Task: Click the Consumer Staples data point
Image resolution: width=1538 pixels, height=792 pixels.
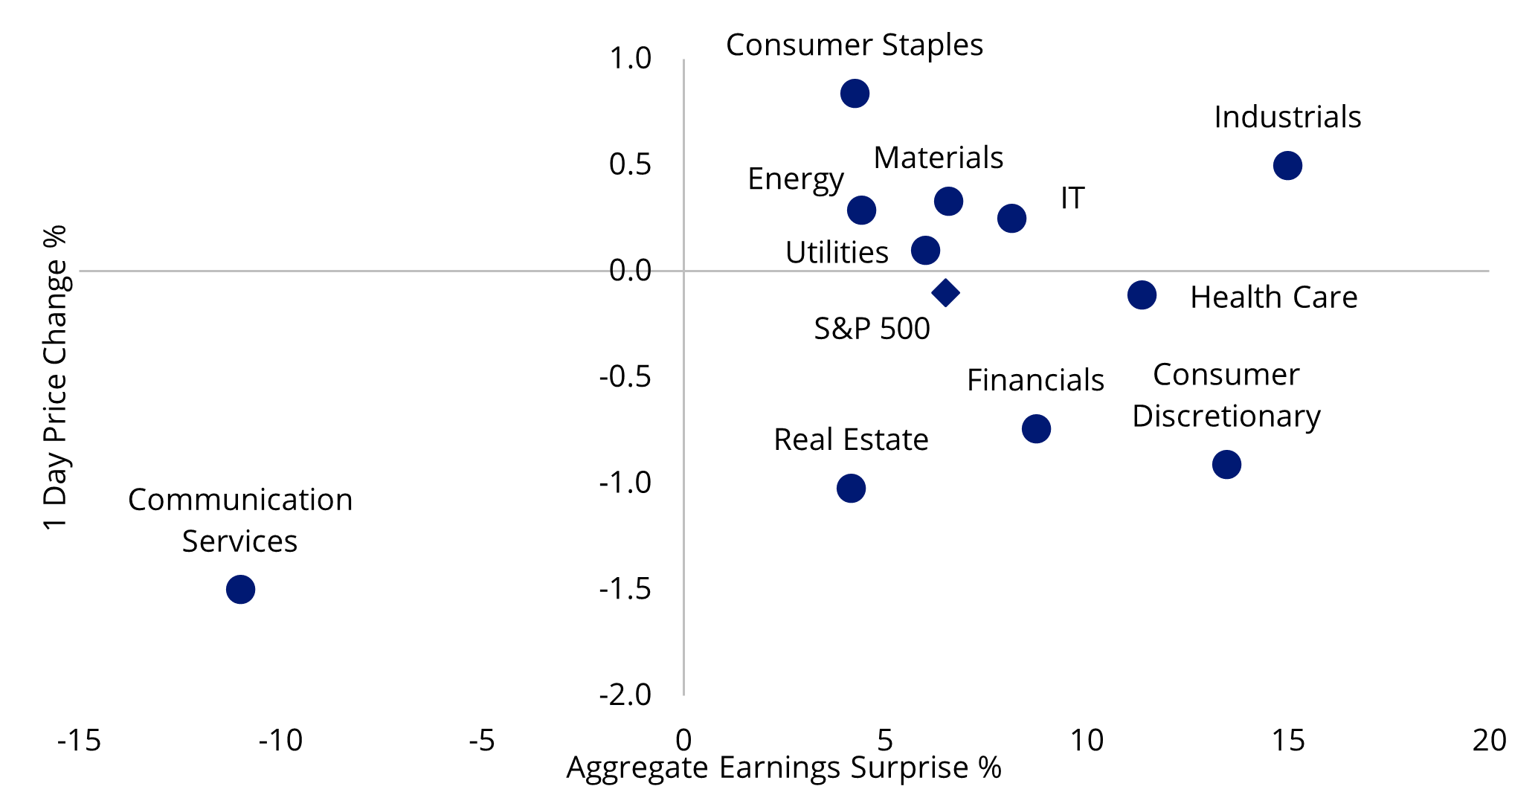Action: click(855, 94)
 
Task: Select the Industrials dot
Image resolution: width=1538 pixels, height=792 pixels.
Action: click(1287, 165)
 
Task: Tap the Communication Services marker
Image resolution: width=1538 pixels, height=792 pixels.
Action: click(240, 589)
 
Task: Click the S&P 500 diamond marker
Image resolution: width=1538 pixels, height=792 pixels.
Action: click(945, 292)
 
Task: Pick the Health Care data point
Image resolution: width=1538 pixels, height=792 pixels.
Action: click(1142, 295)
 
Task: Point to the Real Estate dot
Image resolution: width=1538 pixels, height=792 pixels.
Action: click(851, 488)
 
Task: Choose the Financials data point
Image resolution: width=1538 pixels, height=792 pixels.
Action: click(1036, 428)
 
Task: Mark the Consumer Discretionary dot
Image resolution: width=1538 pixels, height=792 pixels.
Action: click(1226, 464)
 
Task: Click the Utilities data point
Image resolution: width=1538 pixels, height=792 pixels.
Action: click(925, 250)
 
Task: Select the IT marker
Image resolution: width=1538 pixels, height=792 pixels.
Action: click(1011, 218)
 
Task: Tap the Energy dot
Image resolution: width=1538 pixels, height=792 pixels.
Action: click(861, 210)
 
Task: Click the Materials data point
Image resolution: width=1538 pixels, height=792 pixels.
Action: click(948, 201)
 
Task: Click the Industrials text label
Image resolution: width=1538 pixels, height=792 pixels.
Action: click(1287, 117)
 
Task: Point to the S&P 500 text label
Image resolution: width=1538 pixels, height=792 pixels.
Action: click(872, 329)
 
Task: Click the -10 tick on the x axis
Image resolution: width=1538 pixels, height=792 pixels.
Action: click(280, 740)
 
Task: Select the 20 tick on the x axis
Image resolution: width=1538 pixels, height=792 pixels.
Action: click(1489, 740)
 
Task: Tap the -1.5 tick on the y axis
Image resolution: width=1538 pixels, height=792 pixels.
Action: click(625, 589)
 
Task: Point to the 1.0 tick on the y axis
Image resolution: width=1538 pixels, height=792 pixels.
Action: click(631, 59)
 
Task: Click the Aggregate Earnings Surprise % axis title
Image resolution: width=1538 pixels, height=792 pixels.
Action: click(784, 767)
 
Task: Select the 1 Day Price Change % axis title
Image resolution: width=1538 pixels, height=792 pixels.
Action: click(55, 377)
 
